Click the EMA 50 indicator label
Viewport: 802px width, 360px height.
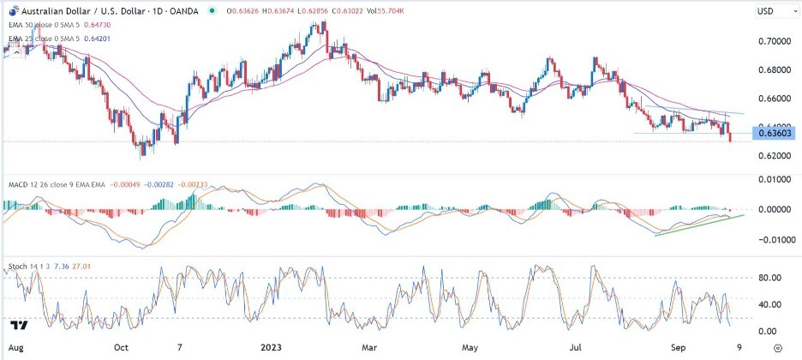point(36,25)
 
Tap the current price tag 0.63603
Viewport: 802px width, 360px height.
point(774,132)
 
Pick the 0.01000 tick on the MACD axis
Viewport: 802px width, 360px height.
point(773,179)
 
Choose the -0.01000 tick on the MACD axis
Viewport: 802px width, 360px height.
point(771,240)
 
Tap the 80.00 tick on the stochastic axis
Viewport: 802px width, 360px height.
point(770,278)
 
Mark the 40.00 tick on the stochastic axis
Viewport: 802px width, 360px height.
point(770,304)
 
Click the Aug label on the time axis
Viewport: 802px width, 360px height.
point(14,349)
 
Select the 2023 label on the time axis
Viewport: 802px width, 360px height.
point(271,349)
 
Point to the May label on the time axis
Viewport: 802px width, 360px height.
point(470,349)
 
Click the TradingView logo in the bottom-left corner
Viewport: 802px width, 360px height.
point(17,326)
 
